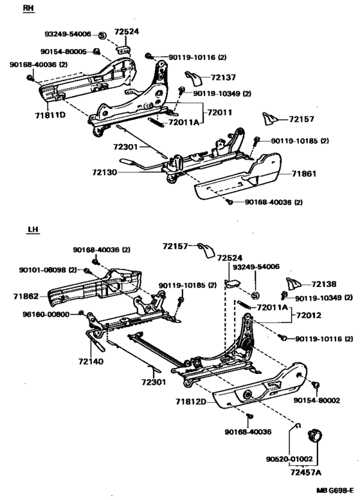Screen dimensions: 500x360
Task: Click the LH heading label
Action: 33,228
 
